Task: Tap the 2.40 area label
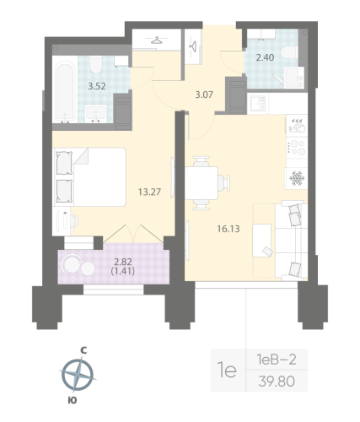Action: click(x=264, y=58)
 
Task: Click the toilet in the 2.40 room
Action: click(x=290, y=51)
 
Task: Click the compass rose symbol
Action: click(x=77, y=371)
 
